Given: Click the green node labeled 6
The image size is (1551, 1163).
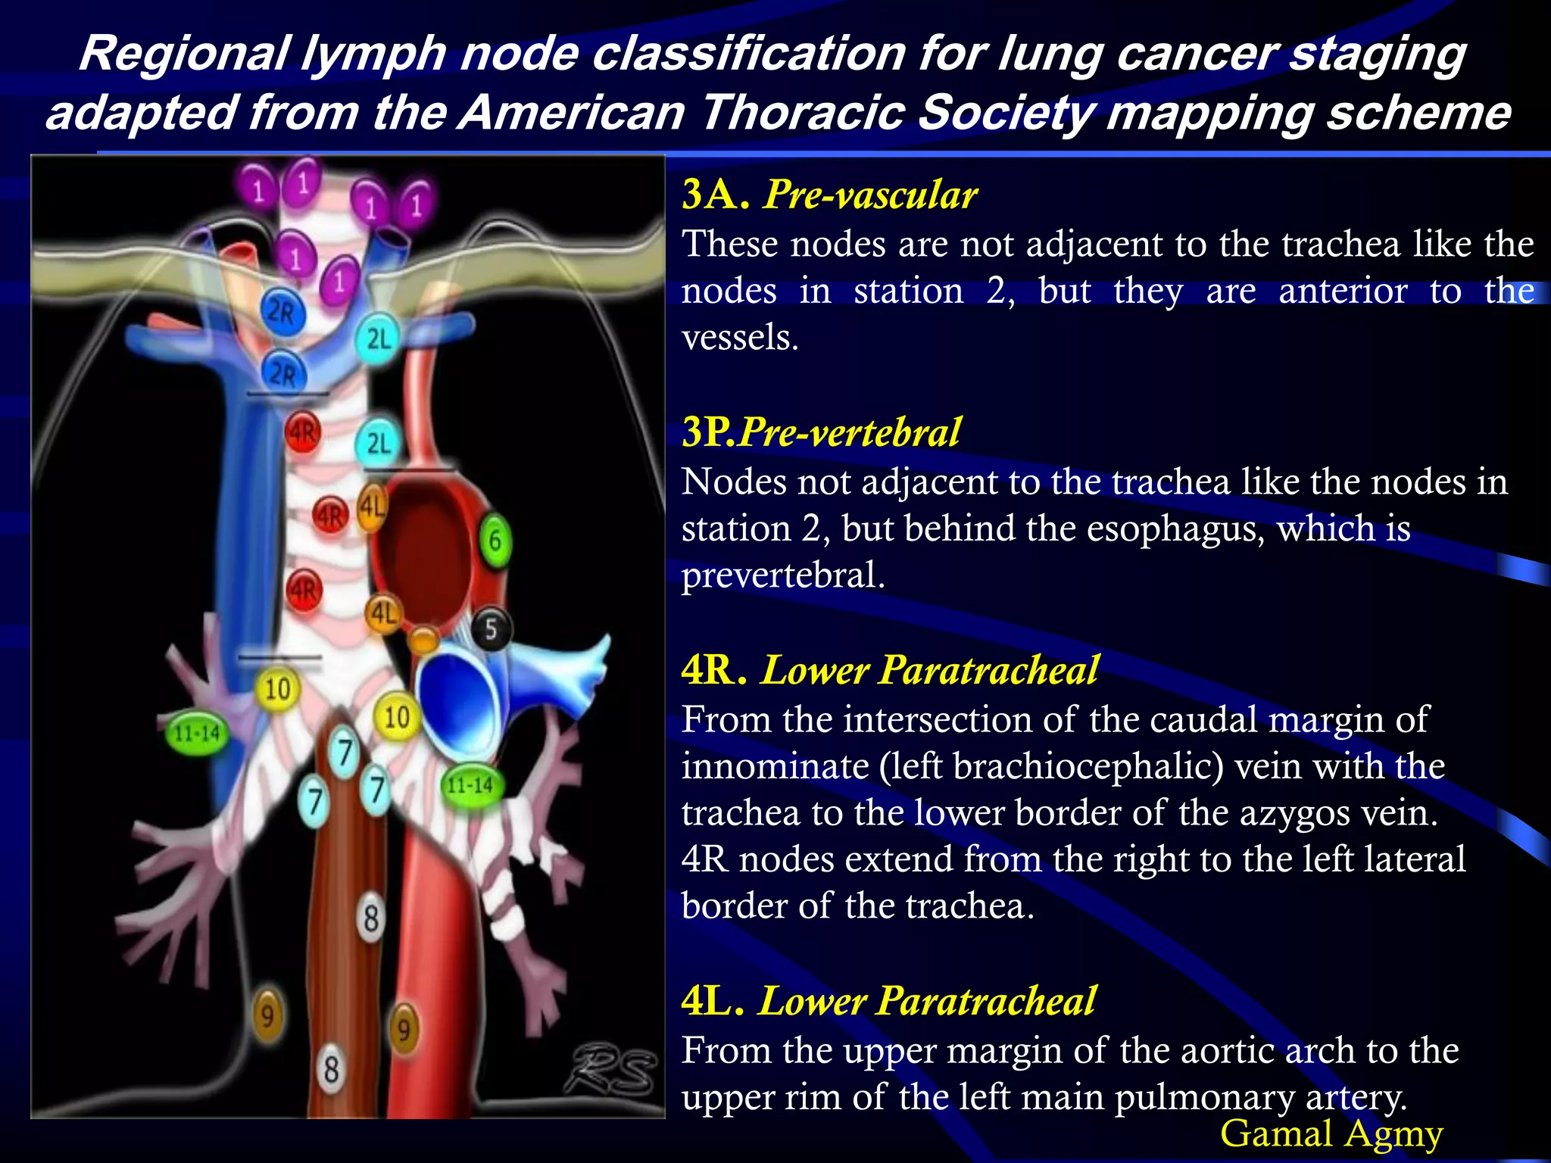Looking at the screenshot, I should point(495,540).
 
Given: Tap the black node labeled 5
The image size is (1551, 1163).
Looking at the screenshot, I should point(492,628).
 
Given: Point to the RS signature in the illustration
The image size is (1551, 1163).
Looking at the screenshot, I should point(610,1069).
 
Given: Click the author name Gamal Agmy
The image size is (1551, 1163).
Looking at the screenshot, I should point(1331,1133).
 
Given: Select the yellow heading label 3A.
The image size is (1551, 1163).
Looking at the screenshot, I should point(715,194).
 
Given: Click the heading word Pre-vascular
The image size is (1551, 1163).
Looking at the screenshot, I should point(871,195).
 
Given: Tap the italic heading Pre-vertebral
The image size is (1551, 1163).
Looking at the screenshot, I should point(850,432).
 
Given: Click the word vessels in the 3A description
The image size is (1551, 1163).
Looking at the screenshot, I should point(739,337).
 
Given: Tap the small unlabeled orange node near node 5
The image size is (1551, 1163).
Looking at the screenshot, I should point(423,640).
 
